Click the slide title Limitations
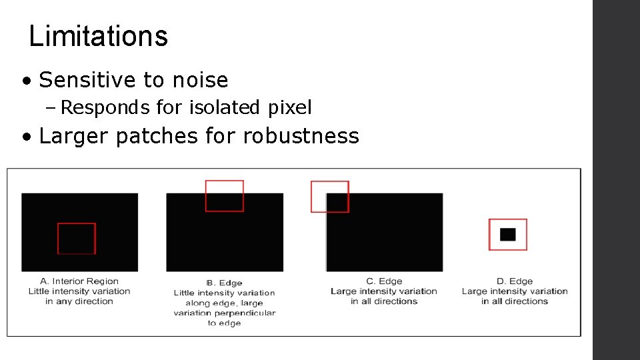point(99,36)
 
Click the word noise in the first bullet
point(200,81)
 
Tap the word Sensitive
point(87,81)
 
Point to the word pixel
point(290,107)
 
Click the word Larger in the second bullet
point(74,137)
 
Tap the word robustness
point(301,137)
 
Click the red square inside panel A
point(77,238)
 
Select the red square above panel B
point(224,196)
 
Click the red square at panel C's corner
point(329,197)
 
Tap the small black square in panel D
point(508,235)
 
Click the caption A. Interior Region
point(79,281)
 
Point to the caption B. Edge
point(224,283)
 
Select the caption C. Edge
point(384,281)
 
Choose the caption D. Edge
point(515,281)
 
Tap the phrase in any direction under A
point(79,301)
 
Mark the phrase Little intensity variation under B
point(224,293)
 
